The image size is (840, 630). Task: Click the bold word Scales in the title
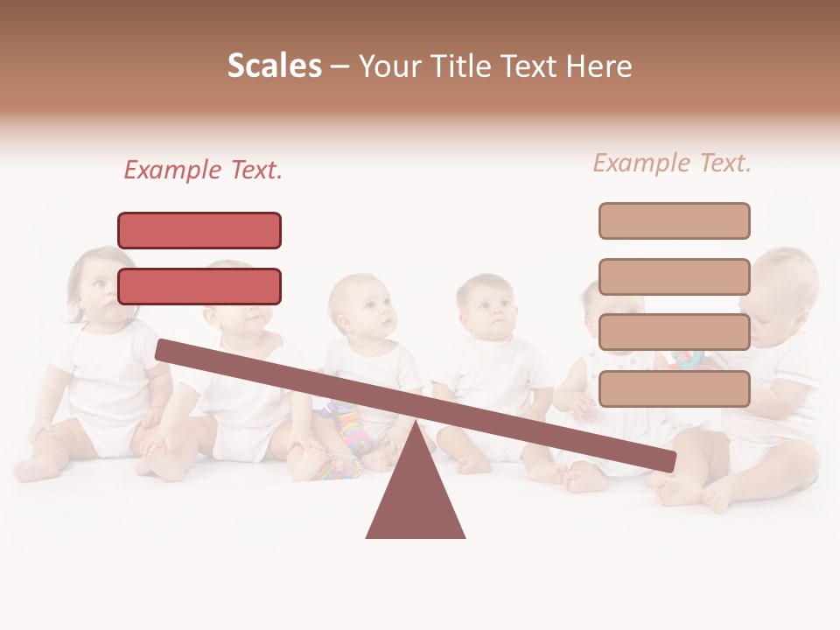(274, 66)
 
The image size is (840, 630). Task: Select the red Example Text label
(203, 170)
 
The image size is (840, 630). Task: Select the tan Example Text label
(672, 163)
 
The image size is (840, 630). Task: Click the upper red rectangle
(199, 230)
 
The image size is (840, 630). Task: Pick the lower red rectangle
(199, 286)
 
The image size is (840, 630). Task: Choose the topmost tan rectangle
(674, 220)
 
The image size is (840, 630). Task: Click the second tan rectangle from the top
(674, 276)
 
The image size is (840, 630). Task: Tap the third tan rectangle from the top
(674, 332)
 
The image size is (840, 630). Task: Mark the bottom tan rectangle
(674, 388)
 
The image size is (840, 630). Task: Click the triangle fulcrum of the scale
(416, 494)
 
